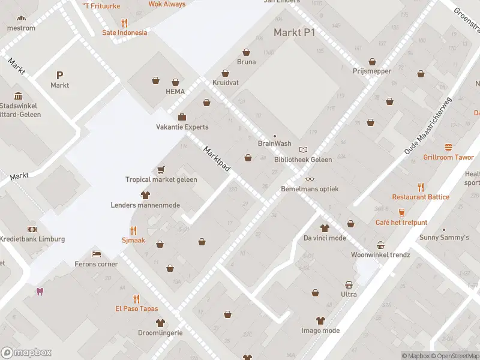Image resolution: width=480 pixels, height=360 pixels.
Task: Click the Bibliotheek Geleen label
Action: pyautogui.click(x=302, y=160)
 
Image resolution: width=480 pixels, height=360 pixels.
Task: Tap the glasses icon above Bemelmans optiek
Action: pyautogui.click(x=310, y=179)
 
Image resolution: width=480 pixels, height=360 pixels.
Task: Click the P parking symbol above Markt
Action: pyautogui.click(x=59, y=75)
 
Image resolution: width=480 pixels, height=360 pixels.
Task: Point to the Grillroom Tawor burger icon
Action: pyautogui.click(x=448, y=147)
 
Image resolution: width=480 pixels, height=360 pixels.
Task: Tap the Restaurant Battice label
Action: pyautogui.click(x=421, y=197)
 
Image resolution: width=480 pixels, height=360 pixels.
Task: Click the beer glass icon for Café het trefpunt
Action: pyautogui.click(x=402, y=212)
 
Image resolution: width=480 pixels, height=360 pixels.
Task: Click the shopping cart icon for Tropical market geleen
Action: pyautogui.click(x=161, y=170)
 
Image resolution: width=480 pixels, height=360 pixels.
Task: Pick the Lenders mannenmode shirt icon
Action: pyautogui.click(x=145, y=195)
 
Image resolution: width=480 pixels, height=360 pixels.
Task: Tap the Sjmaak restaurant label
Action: pyautogui.click(x=133, y=239)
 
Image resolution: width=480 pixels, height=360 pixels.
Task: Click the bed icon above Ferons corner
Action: pyautogui.click(x=96, y=254)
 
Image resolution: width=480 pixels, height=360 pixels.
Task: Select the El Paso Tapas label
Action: pyautogui.click(x=137, y=308)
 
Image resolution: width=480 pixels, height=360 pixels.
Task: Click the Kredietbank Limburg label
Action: pyautogui.click(x=32, y=239)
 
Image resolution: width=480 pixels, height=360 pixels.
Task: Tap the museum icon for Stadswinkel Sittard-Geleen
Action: pyautogui.click(x=18, y=96)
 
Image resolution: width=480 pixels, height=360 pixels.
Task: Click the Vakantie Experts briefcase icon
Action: pyautogui.click(x=182, y=117)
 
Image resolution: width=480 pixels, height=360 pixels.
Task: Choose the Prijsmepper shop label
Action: pyautogui.click(x=372, y=71)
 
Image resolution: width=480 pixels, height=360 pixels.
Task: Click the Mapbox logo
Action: pyautogui.click(x=26, y=353)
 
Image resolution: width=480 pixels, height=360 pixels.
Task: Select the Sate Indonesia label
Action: pyautogui.click(x=124, y=32)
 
